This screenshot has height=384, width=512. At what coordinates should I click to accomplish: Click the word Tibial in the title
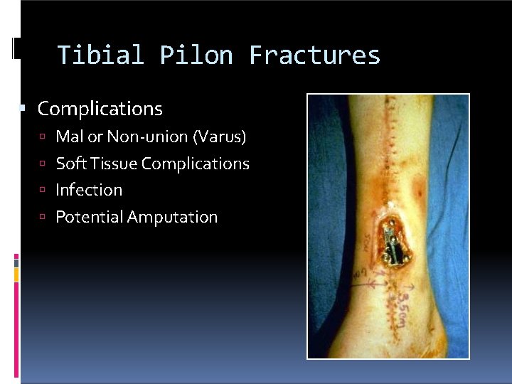click(100, 55)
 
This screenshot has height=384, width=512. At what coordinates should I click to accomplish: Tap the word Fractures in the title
click(314, 55)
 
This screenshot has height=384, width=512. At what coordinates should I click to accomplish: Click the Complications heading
click(100, 109)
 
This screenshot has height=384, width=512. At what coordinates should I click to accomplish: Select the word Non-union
click(141, 137)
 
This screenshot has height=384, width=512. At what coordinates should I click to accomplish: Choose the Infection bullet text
click(89, 191)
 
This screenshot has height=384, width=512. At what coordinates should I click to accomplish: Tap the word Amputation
click(172, 218)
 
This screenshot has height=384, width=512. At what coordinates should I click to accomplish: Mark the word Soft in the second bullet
click(69, 164)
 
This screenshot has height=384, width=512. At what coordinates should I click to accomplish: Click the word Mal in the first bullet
click(69, 137)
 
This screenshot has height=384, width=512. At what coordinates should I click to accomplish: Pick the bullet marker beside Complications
click(23, 109)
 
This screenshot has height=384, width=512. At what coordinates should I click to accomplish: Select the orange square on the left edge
click(16, 273)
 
